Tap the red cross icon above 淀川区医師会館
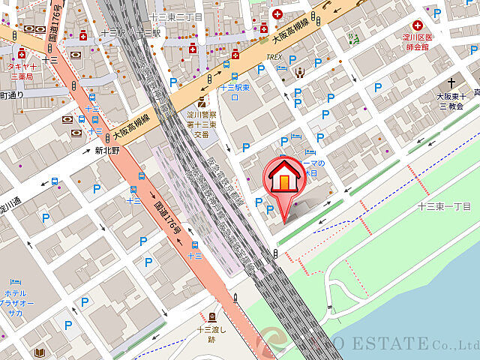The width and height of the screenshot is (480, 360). point(416,25)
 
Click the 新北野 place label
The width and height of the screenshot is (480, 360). point(106,150)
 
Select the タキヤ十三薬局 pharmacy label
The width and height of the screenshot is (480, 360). point(22,70)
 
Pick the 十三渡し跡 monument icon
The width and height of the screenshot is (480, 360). point(212,316)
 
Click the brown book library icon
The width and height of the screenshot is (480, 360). point(39,351)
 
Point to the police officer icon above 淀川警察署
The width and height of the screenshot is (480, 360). point(201,101)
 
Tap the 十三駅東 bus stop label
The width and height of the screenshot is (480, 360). point(234,88)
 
